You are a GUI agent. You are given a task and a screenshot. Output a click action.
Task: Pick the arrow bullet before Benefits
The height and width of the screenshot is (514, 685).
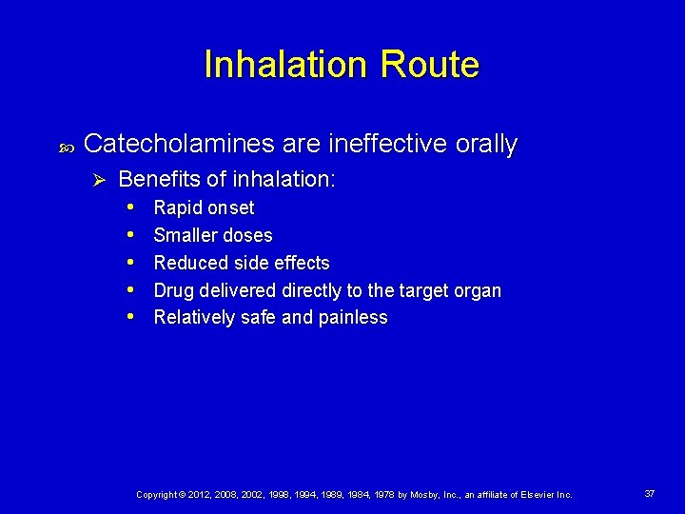[97, 179]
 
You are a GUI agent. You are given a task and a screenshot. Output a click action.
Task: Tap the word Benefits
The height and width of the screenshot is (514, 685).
[158, 179]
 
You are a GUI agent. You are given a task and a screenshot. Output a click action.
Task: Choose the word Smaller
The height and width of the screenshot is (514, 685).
[186, 235]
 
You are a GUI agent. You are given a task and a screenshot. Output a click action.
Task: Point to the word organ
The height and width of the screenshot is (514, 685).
[477, 290]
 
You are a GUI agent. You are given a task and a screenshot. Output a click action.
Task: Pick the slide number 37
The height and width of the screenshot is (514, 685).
[649, 494]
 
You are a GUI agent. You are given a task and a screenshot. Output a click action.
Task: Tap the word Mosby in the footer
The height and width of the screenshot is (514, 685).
[421, 495]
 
